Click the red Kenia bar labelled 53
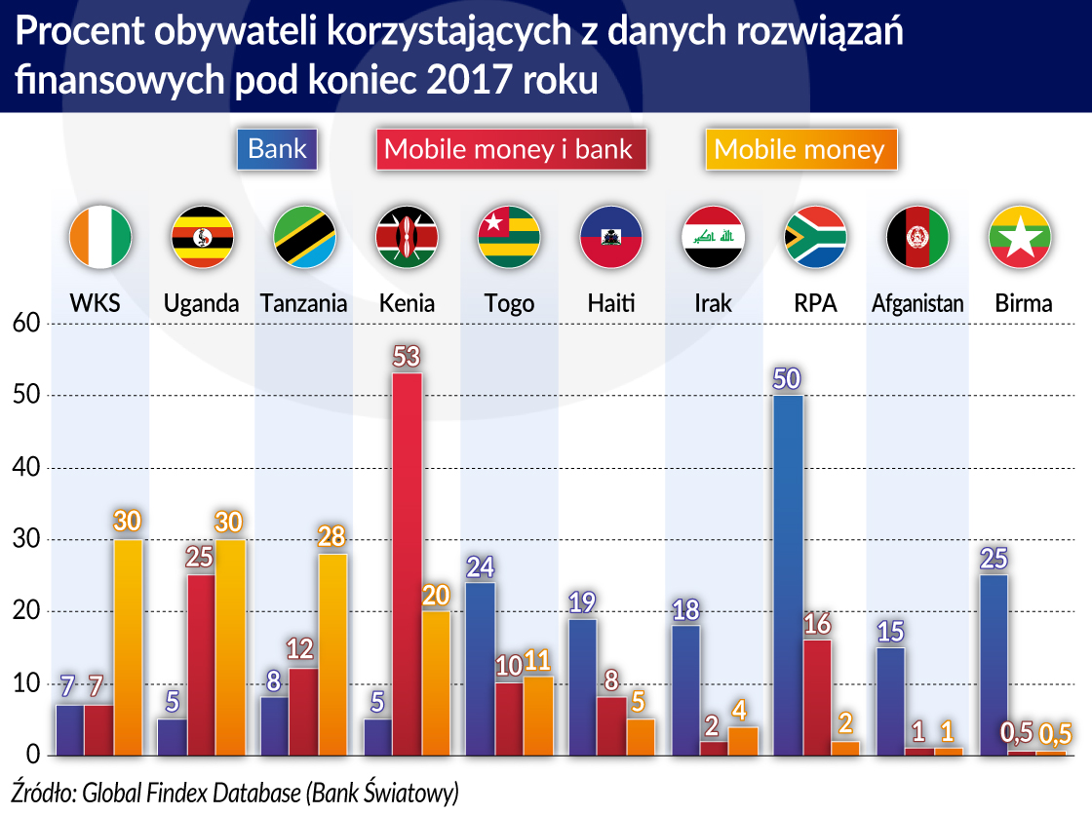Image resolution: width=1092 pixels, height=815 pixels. click(x=407, y=563)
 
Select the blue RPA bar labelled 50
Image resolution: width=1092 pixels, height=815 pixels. click(x=787, y=574)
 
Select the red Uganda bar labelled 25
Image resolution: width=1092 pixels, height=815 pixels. click(x=202, y=665)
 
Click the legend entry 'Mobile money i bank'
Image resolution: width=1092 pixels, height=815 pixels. click(x=509, y=150)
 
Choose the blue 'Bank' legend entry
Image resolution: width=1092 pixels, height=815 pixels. click(x=278, y=149)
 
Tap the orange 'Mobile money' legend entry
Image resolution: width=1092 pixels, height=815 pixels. click(x=799, y=150)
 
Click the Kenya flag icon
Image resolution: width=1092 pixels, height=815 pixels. click(x=407, y=237)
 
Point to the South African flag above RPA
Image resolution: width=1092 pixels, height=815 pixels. click(x=815, y=237)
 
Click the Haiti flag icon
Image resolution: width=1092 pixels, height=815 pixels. click(x=610, y=237)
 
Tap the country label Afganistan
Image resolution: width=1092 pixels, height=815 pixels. click(x=917, y=303)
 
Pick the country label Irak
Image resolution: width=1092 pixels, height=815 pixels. click(x=713, y=303)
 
